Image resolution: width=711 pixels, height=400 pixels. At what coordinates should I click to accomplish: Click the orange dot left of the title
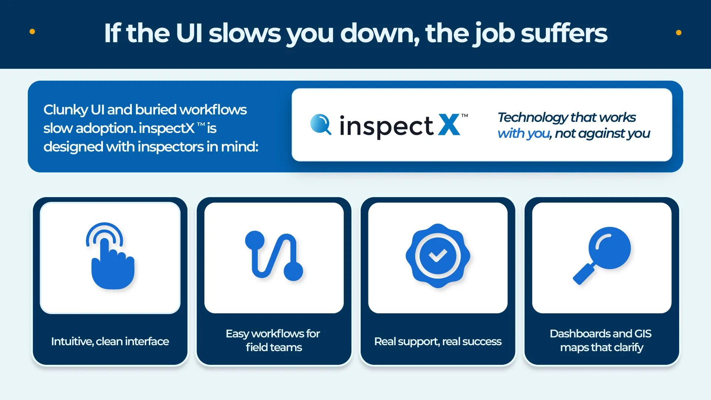pyautogui.click(x=32, y=32)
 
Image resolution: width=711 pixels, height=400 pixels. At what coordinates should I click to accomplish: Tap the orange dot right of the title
pyautogui.click(x=678, y=33)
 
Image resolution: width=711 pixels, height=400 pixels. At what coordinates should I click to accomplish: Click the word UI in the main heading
pyautogui.click(x=189, y=33)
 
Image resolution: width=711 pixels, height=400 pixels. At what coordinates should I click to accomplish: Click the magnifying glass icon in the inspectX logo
pyautogui.click(x=320, y=124)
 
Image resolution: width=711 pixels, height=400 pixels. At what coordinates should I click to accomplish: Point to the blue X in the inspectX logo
pyautogui.click(x=449, y=125)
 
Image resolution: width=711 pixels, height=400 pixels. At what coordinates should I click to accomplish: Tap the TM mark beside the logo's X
pyautogui.click(x=464, y=116)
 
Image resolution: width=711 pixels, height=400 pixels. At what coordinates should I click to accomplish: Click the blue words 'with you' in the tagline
pyautogui.click(x=523, y=133)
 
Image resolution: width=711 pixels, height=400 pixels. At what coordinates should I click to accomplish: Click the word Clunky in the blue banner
pyautogui.click(x=65, y=110)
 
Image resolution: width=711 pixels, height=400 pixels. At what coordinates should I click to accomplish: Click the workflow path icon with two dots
pyautogui.click(x=274, y=256)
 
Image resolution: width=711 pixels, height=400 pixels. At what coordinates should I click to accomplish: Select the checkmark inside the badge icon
pyautogui.click(x=438, y=255)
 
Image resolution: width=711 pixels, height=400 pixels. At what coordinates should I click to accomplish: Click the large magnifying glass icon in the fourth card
pyautogui.click(x=609, y=248)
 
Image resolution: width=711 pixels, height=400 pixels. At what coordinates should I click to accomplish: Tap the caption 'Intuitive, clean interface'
pyautogui.click(x=110, y=341)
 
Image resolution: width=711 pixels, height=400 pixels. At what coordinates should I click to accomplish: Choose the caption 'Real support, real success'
pyautogui.click(x=438, y=341)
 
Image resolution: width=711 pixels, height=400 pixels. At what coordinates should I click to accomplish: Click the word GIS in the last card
pyautogui.click(x=643, y=333)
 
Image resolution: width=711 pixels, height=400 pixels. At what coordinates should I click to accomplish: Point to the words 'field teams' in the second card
pyautogui.click(x=274, y=347)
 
